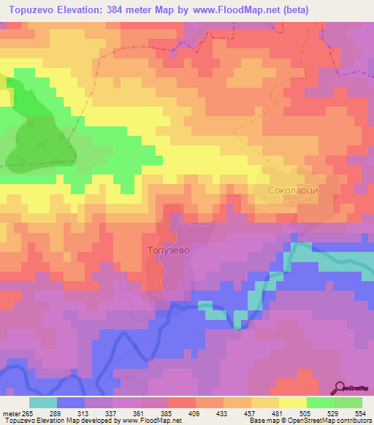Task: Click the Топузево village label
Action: click(x=169, y=250)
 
